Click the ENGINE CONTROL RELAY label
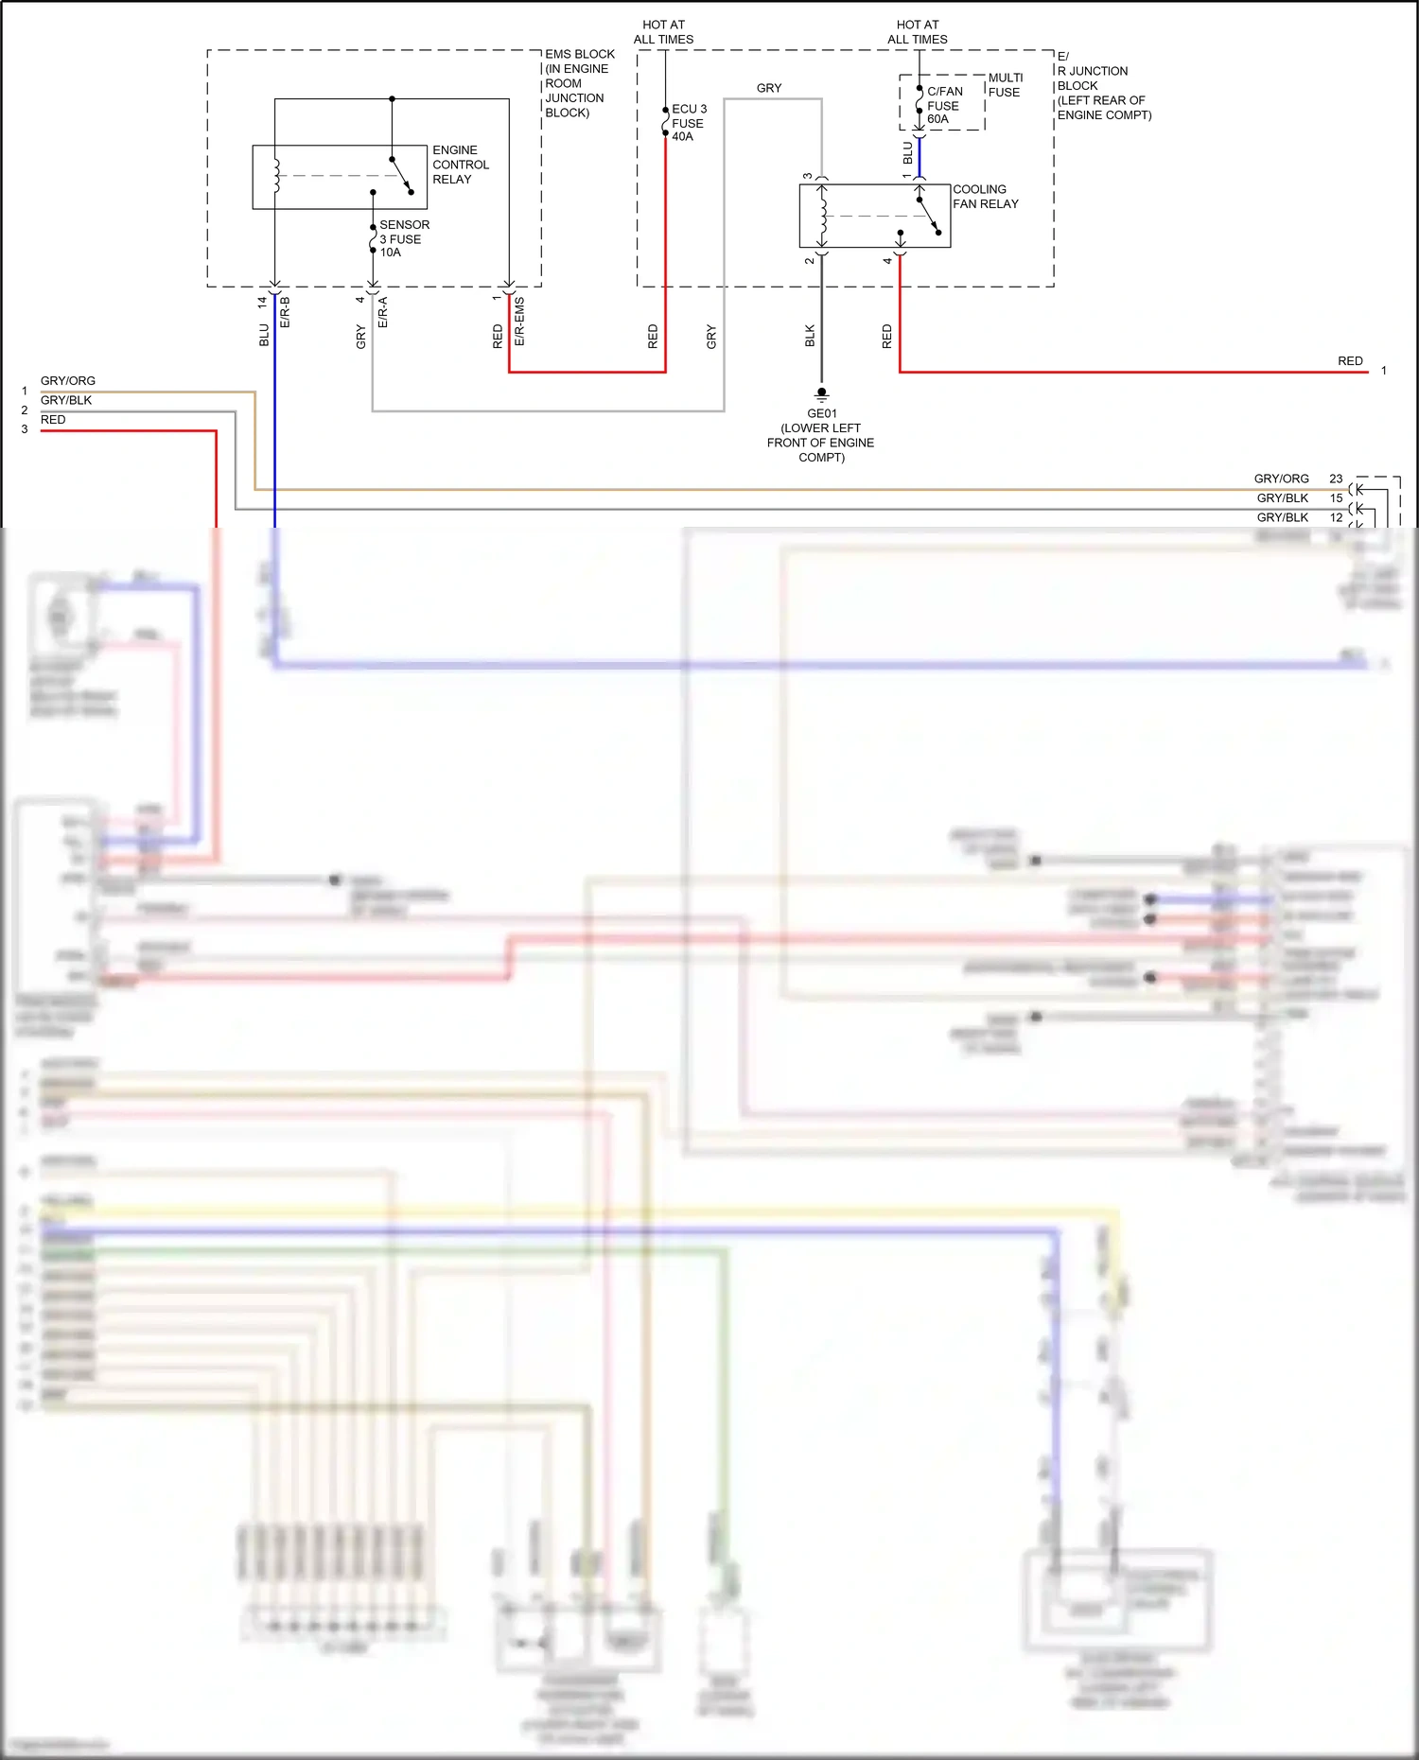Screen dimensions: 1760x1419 tap(460, 165)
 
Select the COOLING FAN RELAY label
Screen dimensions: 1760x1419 tap(985, 197)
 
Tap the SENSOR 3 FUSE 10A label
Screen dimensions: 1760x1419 tap(404, 238)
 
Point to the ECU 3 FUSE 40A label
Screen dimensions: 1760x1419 tap(689, 123)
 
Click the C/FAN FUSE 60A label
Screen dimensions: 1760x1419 tap(944, 105)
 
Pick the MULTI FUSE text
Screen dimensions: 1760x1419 tap(1005, 85)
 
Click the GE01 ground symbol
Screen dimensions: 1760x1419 tap(821, 392)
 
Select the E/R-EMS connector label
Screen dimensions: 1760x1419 tap(519, 321)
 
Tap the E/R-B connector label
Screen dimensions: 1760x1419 tap(285, 312)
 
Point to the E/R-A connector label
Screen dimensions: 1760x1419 tap(383, 312)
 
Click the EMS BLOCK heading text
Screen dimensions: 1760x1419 tap(579, 54)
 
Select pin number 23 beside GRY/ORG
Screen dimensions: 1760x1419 tap(1336, 479)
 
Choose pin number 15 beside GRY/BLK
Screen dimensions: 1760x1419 tap(1336, 497)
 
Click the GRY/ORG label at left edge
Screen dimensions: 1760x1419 tap(68, 381)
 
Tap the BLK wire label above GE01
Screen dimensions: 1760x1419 tap(810, 336)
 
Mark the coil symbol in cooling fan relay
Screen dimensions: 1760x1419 tap(823, 216)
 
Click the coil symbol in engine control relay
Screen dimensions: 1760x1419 tap(276, 176)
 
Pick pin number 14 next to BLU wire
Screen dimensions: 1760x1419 tap(262, 303)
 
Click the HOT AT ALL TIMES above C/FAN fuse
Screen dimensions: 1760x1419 tap(917, 32)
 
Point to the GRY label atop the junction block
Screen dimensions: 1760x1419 tap(769, 88)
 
